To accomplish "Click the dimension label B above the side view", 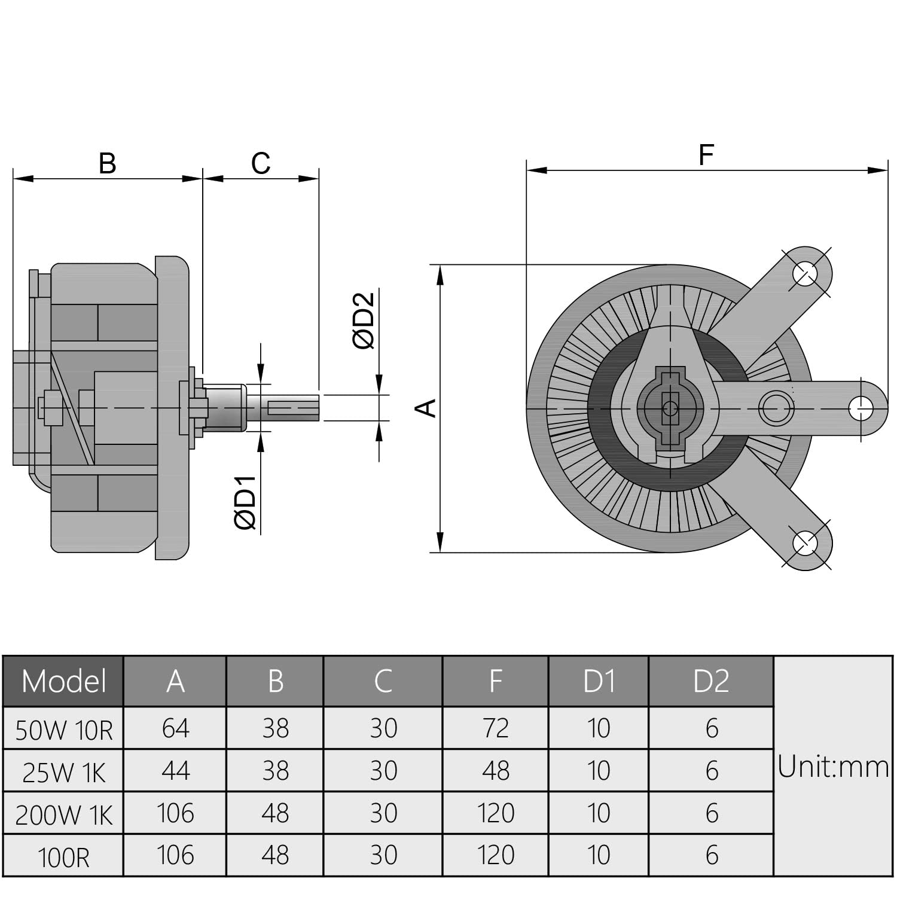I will pos(107,163).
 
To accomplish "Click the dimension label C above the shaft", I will pos(261,163).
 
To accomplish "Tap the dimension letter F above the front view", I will pos(706,155).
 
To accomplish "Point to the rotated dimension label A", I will pos(426,408).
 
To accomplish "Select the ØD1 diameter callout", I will pos(245,502).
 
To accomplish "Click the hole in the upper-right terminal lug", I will pos(805,274).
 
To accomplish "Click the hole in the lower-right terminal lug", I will pos(805,543).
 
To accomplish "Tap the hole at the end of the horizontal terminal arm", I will pos(860,408).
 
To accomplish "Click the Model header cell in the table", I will pos(63,681).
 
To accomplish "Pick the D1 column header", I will pos(599,681).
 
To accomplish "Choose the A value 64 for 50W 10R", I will pos(175,728).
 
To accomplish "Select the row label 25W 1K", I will pos(63,772).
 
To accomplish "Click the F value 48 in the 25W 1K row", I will pos(495,771).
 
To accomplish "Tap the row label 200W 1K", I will pos(63,814).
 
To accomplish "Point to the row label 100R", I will pos(63,857).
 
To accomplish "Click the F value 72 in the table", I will pos(495,728).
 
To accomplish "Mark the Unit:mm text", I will pos(833,767).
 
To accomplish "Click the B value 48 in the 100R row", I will pos(275,855).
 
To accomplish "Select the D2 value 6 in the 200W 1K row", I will pos(711,813).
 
